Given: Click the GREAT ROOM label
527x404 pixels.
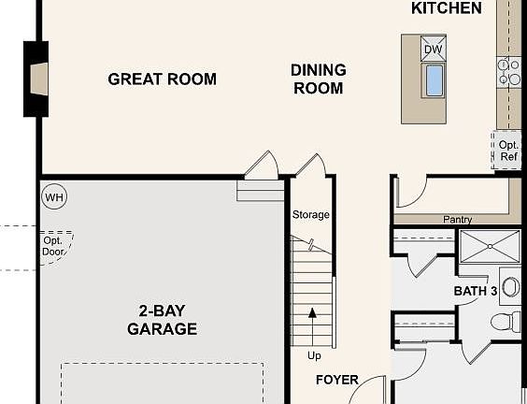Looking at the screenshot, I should click(162, 79).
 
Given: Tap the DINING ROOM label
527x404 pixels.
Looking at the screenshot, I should click(318, 79).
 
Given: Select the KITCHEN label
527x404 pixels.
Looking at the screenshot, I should click(447, 8).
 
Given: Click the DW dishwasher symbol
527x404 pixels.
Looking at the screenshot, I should click(433, 50).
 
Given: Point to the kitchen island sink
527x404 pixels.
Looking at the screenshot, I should click(434, 80).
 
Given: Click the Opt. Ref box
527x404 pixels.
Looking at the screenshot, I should click(507, 151).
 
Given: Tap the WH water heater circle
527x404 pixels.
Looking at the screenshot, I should click(53, 197).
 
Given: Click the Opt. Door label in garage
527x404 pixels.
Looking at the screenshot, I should click(53, 246).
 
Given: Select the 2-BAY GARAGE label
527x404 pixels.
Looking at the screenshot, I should click(162, 320).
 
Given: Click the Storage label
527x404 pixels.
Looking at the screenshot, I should click(310, 215).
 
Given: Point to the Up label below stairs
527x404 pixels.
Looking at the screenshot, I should click(314, 356).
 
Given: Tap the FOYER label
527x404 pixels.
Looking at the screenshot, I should click(336, 381).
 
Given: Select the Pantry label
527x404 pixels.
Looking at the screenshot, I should click(457, 220).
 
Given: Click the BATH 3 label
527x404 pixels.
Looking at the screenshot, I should click(475, 292).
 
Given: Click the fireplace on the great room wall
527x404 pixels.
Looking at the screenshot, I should click(36, 79).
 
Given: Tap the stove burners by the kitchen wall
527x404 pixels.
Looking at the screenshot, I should click(509, 72).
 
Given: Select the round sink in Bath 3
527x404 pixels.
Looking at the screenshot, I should click(511, 286).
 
